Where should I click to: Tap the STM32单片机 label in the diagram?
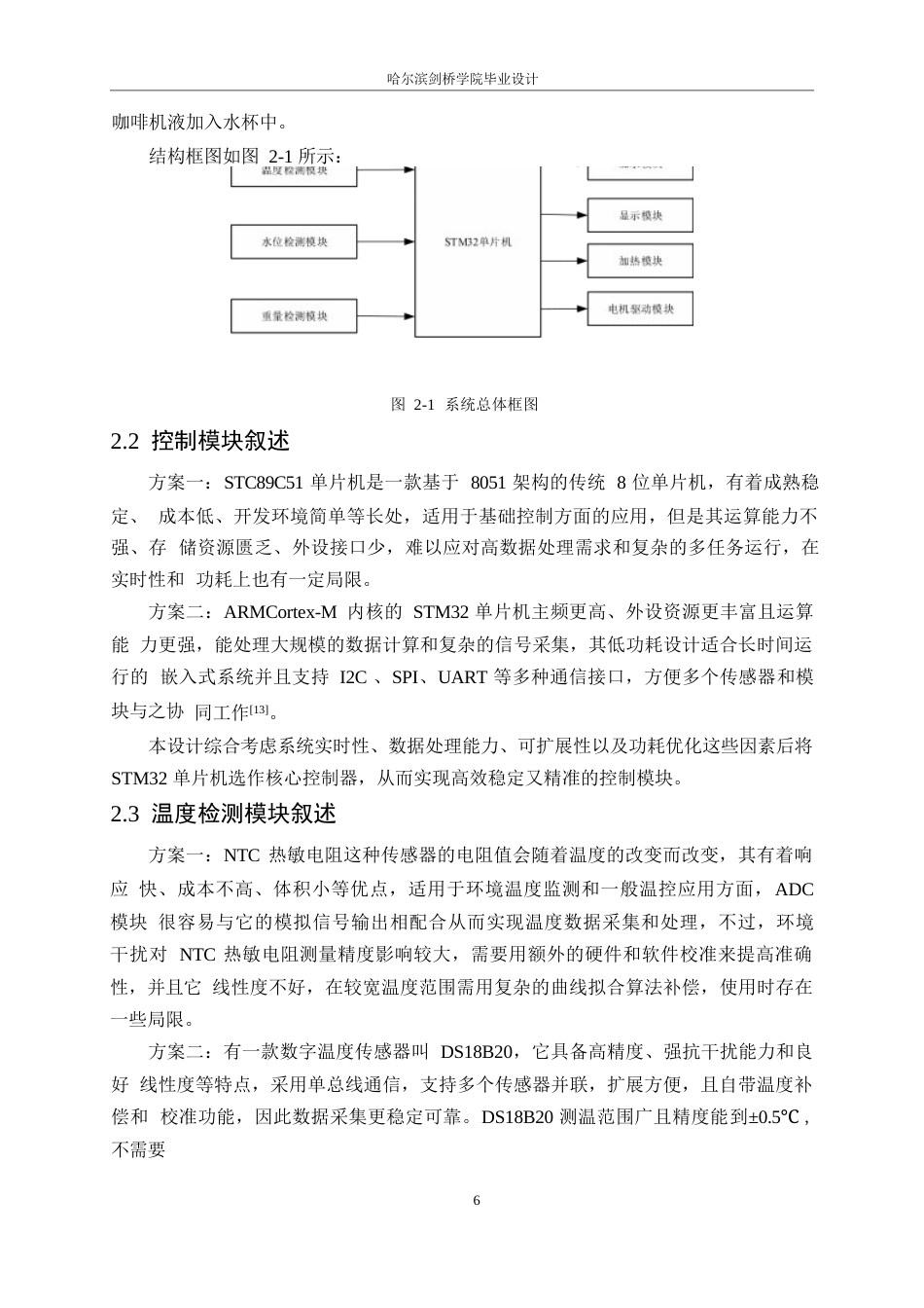(x=478, y=242)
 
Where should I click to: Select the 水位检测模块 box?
(x=295, y=242)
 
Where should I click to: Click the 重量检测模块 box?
(x=295, y=316)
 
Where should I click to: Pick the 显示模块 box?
(x=640, y=215)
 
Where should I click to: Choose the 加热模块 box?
(x=640, y=262)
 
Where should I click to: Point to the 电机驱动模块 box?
(x=640, y=309)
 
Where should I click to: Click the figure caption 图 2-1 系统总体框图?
(x=464, y=404)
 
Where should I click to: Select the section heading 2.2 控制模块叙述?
(x=201, y=441)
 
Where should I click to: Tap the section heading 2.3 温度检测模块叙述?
(x=224, y=814)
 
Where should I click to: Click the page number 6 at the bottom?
(x=476, y=1200)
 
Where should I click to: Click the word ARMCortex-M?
(x=280, y=613)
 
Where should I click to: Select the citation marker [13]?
(x=259, y=709)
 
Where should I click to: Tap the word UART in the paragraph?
(x=463, y=678)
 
